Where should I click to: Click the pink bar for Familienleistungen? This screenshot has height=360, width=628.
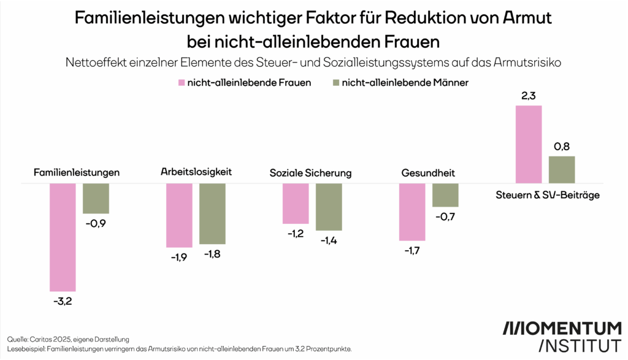pyautogui.click(x=63, y=237)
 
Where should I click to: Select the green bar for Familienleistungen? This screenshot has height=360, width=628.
pyautogui.click(x=96, y=198)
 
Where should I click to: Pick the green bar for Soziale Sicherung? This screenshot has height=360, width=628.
pyautogui.click(x=329, y=207)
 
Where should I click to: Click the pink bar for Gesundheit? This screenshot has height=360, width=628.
pyautogui.click(x=412, y=212)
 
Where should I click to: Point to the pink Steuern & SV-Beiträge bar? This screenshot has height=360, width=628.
pyautogui.click(x=529, y=144)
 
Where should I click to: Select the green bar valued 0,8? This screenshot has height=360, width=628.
pyautogui.click(x=562, y=169)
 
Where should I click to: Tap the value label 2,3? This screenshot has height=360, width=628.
pyautogui.click(x=529, y=96)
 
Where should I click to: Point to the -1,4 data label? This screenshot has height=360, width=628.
pyautogui.click(x=329, y=240)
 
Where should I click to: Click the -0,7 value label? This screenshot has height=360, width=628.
pyautogui.click(x=445, y=216)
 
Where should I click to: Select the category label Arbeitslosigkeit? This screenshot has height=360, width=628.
pyautogui.click(x=196, y=172)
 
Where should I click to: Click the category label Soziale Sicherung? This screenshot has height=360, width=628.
pyautogui.click(x=310, y=172)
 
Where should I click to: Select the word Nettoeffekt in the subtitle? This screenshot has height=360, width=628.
pyautogui.click(x=91, y=62)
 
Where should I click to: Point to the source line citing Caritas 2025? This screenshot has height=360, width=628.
pyautogui.click(x=69, y=339)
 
